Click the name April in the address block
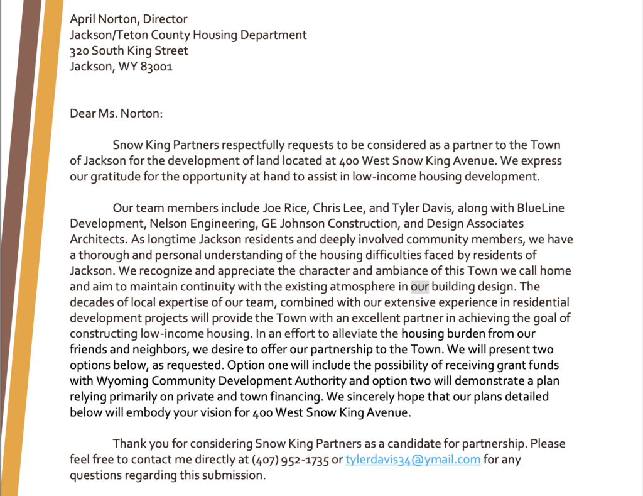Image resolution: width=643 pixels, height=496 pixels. coord(84,19)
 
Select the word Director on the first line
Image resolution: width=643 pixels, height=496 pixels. coord(165,19)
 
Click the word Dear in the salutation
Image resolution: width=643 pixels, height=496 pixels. coord(83,114)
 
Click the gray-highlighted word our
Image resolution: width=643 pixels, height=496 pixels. coord(420,287)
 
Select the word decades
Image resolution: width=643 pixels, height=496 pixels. coord(90,302)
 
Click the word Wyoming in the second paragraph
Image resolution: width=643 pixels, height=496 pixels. coord(119,381)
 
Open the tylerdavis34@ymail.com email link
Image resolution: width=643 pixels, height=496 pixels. coord(413,460)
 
